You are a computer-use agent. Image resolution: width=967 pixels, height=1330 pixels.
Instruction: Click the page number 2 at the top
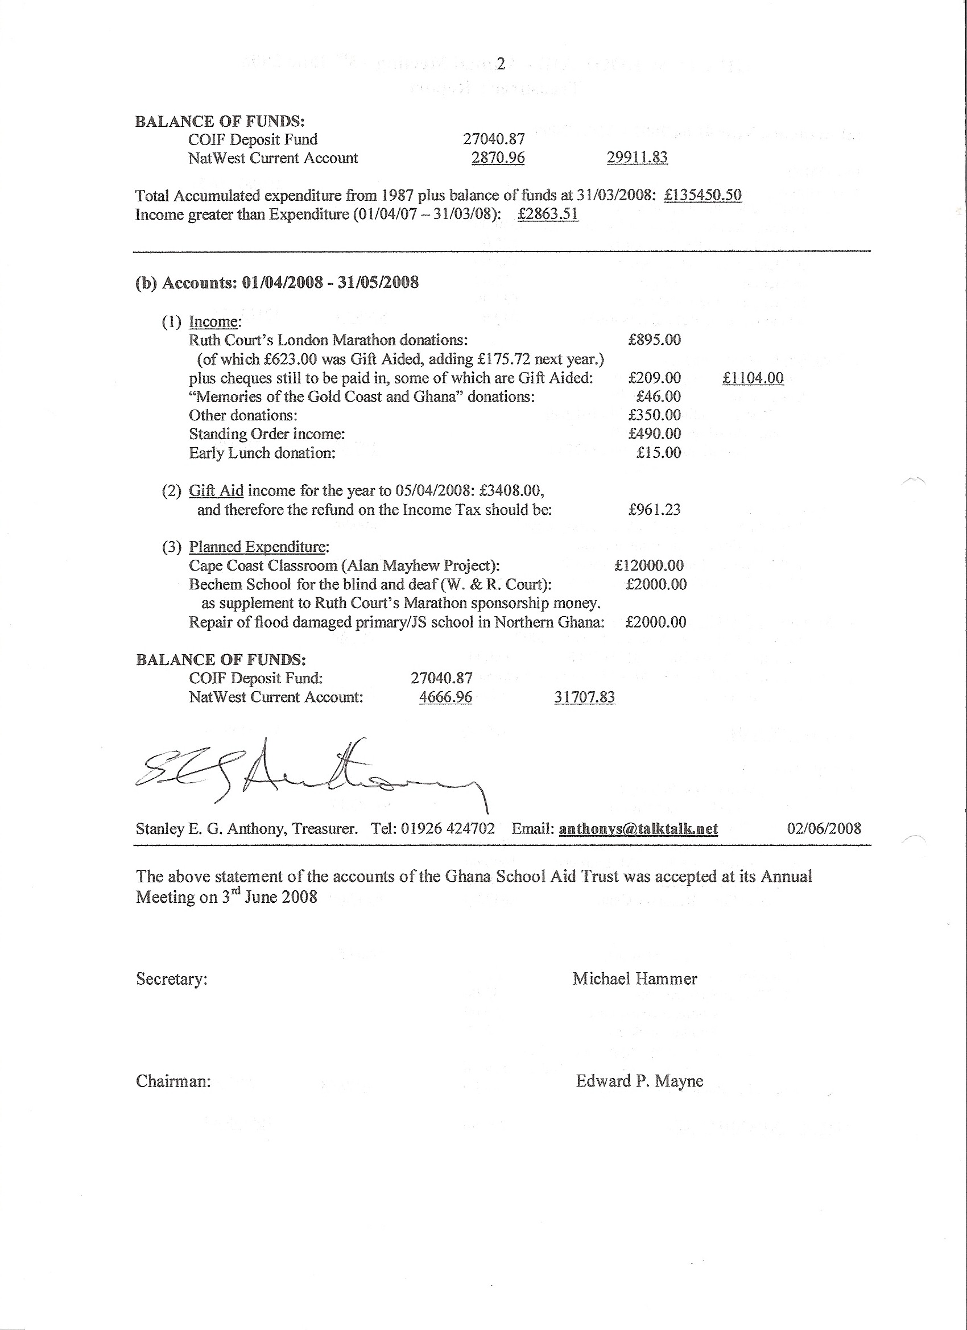tap(500, 64)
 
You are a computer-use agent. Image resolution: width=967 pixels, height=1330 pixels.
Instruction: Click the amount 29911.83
tap(637, 158)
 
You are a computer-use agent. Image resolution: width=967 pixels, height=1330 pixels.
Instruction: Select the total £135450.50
tap(703, 195)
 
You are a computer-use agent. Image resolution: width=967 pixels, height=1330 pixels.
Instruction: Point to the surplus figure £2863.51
tap(548, 214)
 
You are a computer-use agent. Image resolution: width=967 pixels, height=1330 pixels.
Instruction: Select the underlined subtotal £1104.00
tap(753, 378)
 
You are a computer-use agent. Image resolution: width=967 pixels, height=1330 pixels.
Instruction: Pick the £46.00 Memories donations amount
tap(659, 396)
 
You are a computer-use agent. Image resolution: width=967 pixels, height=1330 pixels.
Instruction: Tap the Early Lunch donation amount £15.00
tap(659, 453)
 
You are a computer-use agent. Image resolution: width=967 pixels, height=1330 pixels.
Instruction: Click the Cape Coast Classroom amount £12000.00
tap(649, 565)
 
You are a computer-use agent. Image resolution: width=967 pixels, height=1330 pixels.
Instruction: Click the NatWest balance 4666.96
tap(446, 697)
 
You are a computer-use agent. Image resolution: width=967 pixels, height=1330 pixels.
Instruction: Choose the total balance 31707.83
tap(585, 697)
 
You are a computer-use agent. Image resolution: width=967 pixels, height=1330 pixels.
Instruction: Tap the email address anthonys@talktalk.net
tap(639, 829)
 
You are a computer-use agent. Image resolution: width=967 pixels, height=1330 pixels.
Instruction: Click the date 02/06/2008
tap(824, 829)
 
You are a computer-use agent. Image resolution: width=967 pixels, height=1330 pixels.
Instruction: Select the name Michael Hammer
tap(635, 979)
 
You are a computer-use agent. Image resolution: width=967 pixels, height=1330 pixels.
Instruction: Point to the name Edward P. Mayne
tap(639, 1081)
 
